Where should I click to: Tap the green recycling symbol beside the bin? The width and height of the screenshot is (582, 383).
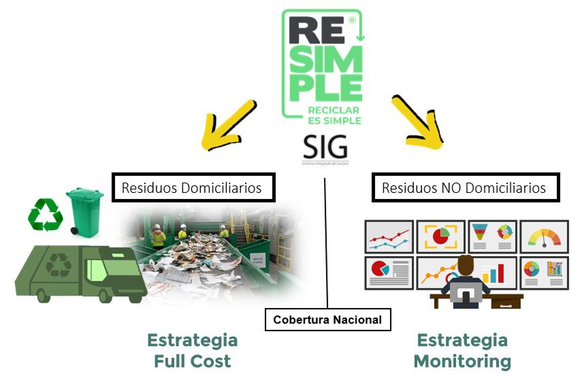45,215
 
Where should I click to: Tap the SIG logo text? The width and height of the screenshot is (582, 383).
324,147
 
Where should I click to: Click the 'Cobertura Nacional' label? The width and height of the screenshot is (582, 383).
327,319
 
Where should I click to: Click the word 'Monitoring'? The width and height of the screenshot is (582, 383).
462,361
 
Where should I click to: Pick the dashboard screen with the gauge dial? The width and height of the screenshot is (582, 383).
543,236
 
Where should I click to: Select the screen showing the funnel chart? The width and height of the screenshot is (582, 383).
491,236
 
